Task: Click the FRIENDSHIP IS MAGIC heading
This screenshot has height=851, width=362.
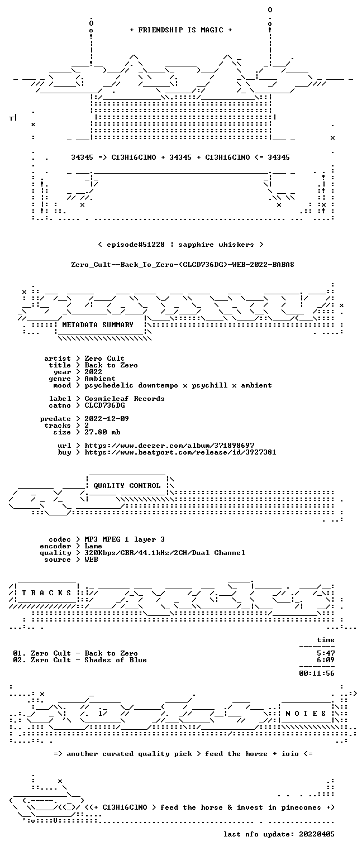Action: [x=180, y=30]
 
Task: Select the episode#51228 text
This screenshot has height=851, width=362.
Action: [x=136, y=245]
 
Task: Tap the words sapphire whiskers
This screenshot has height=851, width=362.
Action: [x=216, y=245]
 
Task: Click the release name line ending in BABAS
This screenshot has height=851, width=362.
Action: [x=183, y=265]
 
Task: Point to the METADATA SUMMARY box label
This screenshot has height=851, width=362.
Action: [x=98, y=325]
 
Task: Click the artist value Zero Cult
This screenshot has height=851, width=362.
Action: [x=104, y=358]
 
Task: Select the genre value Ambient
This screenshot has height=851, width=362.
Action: [x=100, y=379]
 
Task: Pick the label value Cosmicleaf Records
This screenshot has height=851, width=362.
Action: [x=125, y=399]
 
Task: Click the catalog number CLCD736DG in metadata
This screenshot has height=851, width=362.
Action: [x=104, y=405]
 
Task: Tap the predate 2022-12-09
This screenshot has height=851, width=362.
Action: [x=107, y=419]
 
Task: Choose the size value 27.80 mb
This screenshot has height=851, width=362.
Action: [x=102, y=432]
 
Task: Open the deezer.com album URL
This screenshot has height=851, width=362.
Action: [x=169, y=445]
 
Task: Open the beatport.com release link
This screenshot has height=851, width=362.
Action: [x=180, y=452]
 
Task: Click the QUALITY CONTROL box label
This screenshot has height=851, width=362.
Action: [x=127, y=485]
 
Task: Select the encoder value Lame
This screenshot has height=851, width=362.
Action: [x=93, y=546]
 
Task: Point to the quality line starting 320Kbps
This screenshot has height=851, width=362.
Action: [x=165, y=553]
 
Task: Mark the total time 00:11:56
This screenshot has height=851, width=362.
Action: [x=317, y=673]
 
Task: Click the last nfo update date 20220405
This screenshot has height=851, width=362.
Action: [x=317, y=834]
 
